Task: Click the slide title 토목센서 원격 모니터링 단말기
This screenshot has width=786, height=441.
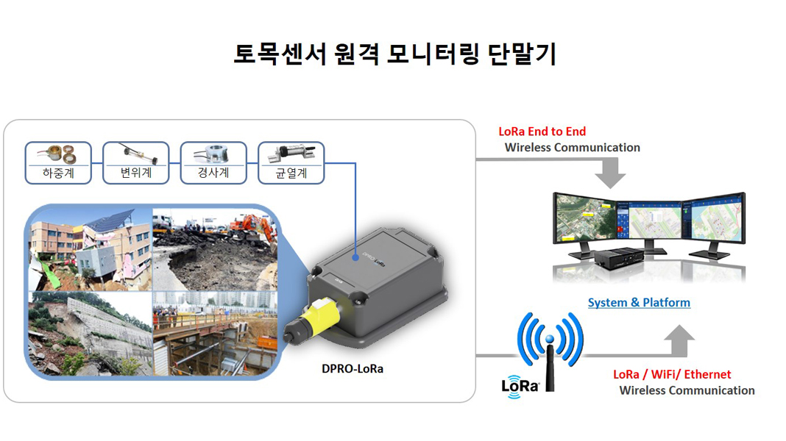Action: [x=394, y=55]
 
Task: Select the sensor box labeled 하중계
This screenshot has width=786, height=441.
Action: [x=58, y=162]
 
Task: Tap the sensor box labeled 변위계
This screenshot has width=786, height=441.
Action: [x=135, y=162]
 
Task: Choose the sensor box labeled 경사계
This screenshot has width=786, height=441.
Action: [x=213, y=162]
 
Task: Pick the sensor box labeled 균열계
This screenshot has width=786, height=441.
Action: [x=291, y=162]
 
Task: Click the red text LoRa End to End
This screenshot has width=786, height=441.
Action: [x=542, y=132]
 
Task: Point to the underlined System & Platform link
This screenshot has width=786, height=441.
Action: [x=639, y=302]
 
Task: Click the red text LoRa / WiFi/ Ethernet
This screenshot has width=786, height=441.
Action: [x=672, y=374]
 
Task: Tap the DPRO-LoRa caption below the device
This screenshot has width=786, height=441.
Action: [x=353, y=369]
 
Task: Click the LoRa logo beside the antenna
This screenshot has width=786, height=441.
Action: [x=520, y=386]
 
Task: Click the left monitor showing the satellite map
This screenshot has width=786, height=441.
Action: [x=584, y=220]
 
